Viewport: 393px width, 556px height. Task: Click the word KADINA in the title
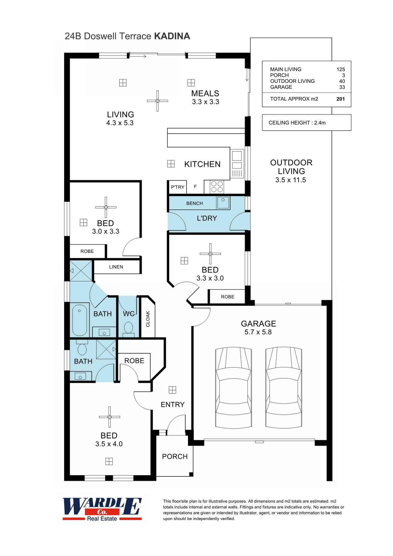pyautogui.click(x=172, y=36)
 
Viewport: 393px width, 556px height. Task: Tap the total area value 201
pyautogui.click(x=340, y=99)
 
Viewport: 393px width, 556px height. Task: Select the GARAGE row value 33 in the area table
pyautogui.click(x=342, y=87)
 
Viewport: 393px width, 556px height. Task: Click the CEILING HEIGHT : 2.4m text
pyautogui.click(x=297, y=123)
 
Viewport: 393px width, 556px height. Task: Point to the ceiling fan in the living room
pyautogui.click(x=157, y=101)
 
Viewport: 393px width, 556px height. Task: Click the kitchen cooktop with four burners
pyautogui.click(x=217, y=187)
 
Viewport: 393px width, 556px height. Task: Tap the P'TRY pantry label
pyautogui.click(x=178, y=187)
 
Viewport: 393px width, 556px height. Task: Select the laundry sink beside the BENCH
pyautogui.click(x=223, y=202)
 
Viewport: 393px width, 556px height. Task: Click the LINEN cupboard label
pyautogui.click(x=116, y=267)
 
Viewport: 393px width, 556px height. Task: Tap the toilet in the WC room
pyautogui.click(x=128, y=328)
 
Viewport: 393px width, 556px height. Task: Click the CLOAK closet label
pyautogui.click(x=148, y=319)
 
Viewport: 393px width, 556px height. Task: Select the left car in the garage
pyautogui.click(x=233, y=388)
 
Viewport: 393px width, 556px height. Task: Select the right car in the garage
pyautogui.click(x=283, y=388)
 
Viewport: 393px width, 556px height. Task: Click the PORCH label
pyautogui.click(x=175, y=457)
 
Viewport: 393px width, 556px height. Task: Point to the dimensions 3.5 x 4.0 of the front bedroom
pyautogui.click(x=109, y=444)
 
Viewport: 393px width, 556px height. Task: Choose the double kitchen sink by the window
pyautogui.click(x=237, y=160)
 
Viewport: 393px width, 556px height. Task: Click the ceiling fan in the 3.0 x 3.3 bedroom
pyautogui.click(x=106, y=207)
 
